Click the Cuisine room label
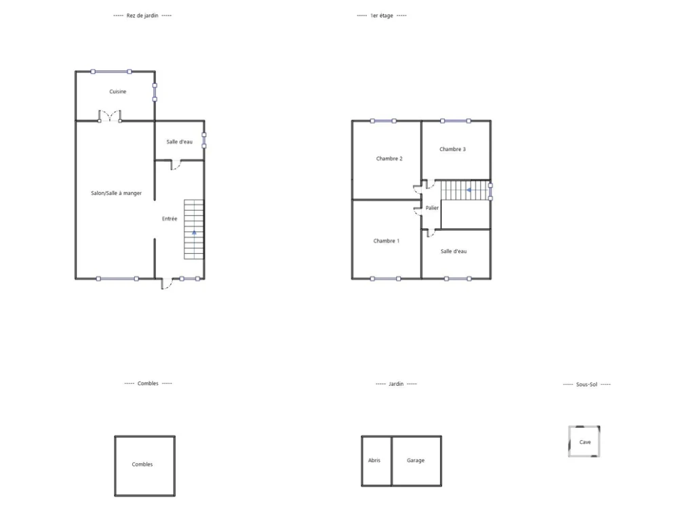tap(118, 91)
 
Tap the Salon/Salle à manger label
tap(116, 193)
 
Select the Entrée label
tap(170, 219)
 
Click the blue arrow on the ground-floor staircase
tap(194, 232)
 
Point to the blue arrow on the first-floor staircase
tap(469, 190)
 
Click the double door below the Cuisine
tap(109, 116)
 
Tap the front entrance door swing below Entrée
tap(166, 284)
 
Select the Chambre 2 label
tap(389, 158)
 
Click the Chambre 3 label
tap(452, 149)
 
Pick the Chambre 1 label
tap(387, 241)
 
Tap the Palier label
tap(432, 208)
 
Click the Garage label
tap(416, 460)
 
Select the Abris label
tap(374, 460)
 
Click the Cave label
tap(585, 442)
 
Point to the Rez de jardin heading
tap(142, 16)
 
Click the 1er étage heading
tap(382, 16)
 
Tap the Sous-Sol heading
tap(587, 385)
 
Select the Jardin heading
tap(396, 384)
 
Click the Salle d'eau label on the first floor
tap(454, 251)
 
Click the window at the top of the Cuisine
tap(111, 72)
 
